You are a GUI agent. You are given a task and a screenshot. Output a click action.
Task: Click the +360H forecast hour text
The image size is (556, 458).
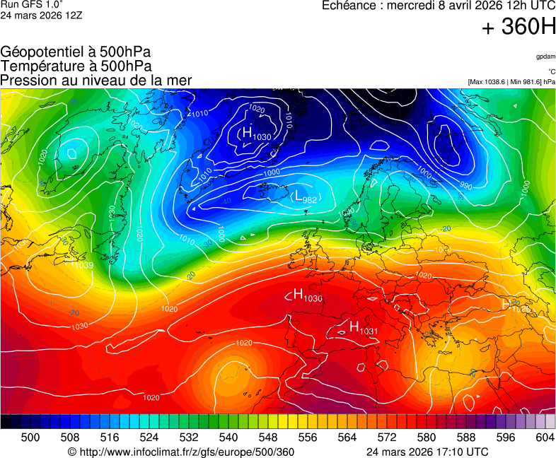519,28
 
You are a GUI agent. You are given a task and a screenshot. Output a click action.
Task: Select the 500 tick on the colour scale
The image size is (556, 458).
30,438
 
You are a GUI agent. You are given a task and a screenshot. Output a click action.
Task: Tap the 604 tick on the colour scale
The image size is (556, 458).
545,438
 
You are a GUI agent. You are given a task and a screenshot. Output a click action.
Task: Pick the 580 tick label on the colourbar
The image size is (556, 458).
426,438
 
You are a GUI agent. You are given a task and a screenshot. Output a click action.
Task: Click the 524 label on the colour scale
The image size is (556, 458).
149,438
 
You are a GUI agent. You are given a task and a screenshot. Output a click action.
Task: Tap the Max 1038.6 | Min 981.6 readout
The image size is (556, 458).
511,82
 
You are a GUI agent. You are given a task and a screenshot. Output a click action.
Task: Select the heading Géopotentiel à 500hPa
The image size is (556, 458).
76,52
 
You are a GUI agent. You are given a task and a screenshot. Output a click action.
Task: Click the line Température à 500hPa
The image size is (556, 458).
76,66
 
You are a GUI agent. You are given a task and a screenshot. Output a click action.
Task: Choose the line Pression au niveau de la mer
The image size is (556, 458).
96,80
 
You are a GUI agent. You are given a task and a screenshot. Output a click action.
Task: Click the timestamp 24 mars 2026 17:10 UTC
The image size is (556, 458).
427,452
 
